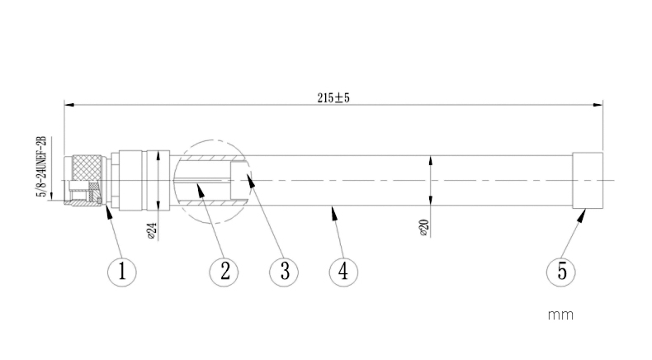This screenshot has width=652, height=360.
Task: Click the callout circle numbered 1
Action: click(x=122, y=271)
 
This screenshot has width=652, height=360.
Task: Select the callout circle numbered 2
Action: click(x=224, y=271)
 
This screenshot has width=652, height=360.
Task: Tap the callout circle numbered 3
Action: click(x=284, y=271)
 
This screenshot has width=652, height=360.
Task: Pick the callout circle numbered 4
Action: click(x=344, y=271)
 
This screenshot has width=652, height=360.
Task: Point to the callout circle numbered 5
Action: click(x=562, y=271)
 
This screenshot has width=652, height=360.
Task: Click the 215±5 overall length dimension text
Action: click(x=334, y=97)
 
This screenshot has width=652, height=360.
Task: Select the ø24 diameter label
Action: click(x=151, y=230)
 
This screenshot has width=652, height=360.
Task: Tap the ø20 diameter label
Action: click(x=423, y=229)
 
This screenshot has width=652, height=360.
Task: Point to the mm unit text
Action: click(x=560, y=315)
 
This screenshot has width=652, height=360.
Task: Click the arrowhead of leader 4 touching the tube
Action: click(x=333, y=210)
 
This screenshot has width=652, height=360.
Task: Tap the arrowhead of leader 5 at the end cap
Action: click(x=583, y=212)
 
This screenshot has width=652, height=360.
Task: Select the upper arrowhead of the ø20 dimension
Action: click(x=429, y=159)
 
